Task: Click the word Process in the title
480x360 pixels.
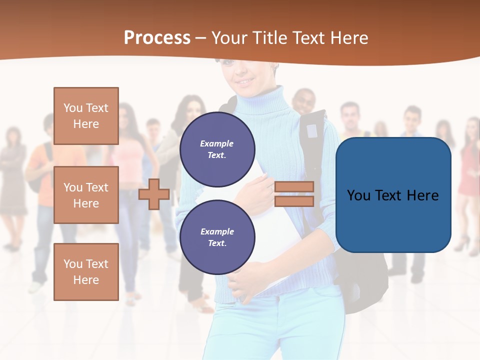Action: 157,38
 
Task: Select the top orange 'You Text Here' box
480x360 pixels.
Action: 86,116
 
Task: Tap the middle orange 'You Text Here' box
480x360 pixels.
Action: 86,195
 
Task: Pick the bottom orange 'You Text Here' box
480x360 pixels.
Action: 86,272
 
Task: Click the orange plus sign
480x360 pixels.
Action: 154,194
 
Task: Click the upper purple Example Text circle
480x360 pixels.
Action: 217,149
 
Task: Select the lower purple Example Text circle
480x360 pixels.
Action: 217,237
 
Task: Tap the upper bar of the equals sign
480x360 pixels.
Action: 294,186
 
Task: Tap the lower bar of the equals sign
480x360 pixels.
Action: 294,201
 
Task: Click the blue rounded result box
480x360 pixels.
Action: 393,195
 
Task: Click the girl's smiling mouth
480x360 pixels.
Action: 245,80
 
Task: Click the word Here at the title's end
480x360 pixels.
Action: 349,38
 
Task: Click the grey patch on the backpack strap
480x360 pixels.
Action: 312,130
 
